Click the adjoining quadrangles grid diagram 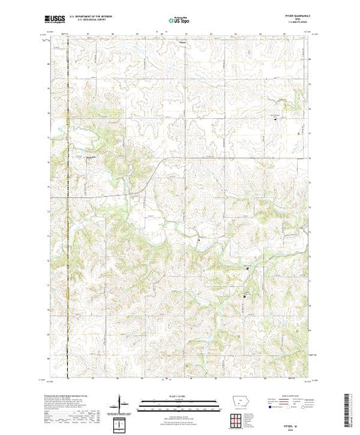point(238,418)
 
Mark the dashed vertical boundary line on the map point(68,207)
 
